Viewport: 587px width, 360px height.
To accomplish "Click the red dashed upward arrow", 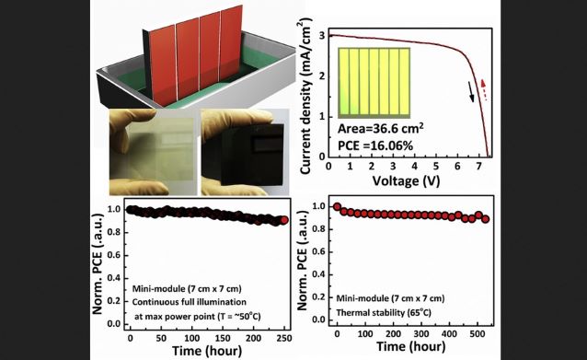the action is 484,89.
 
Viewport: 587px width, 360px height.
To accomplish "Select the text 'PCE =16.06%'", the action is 375,145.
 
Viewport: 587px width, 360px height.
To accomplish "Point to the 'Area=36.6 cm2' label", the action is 381,129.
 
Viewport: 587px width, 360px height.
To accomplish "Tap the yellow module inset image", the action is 374,83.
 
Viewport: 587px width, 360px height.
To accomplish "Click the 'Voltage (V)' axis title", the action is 406,181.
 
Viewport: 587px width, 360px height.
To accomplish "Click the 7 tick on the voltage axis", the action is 479,166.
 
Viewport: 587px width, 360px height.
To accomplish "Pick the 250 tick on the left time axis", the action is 284,338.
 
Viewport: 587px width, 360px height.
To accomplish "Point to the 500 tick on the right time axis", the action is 478,334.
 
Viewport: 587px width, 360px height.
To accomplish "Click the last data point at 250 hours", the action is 284,220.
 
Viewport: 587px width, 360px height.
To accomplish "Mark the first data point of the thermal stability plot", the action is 337,207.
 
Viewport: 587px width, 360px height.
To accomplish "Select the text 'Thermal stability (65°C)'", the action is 384,312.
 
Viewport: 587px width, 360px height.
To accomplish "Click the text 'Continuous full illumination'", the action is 190,302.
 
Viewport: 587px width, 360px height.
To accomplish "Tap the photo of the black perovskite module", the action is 245,152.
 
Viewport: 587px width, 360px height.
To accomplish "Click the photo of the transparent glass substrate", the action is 153,152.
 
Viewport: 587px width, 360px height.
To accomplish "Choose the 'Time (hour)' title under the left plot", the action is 207,351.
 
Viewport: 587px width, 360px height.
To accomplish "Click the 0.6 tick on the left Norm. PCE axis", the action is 114,255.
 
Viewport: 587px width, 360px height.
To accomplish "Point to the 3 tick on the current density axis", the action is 322,36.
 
